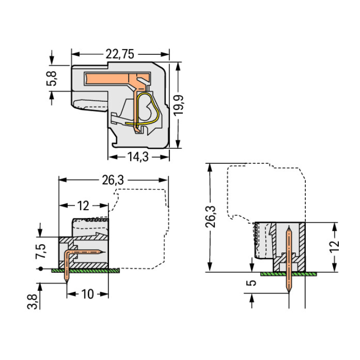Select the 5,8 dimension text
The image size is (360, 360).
[x=52, y=78]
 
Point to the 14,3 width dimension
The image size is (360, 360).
[x=138, y=156]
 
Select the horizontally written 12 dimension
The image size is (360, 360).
[x=83, y=206]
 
